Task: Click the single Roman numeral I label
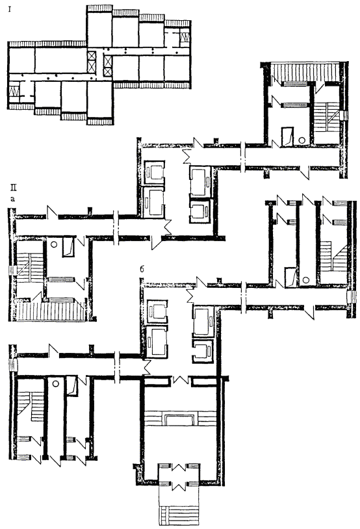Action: [x=10, y=10]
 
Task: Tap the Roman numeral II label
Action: [x=13, y=188]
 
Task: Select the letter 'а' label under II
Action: [x=13, y=199]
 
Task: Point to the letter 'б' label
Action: [x=142, y=269]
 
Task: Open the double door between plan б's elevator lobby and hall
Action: [x=180, y=380]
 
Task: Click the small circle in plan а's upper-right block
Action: [x=303, y=140]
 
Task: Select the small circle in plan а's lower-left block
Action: [x=53, y=244]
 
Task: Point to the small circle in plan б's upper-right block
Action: [x=306, y=279]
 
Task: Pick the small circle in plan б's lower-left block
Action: [x=56, y=383]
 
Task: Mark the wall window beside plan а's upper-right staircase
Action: [x=345, y=116]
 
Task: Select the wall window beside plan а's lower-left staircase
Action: [x=12, y=270]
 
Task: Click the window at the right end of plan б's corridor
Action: [x=350, y=298]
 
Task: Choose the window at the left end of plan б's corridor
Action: [x=12, y=366]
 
